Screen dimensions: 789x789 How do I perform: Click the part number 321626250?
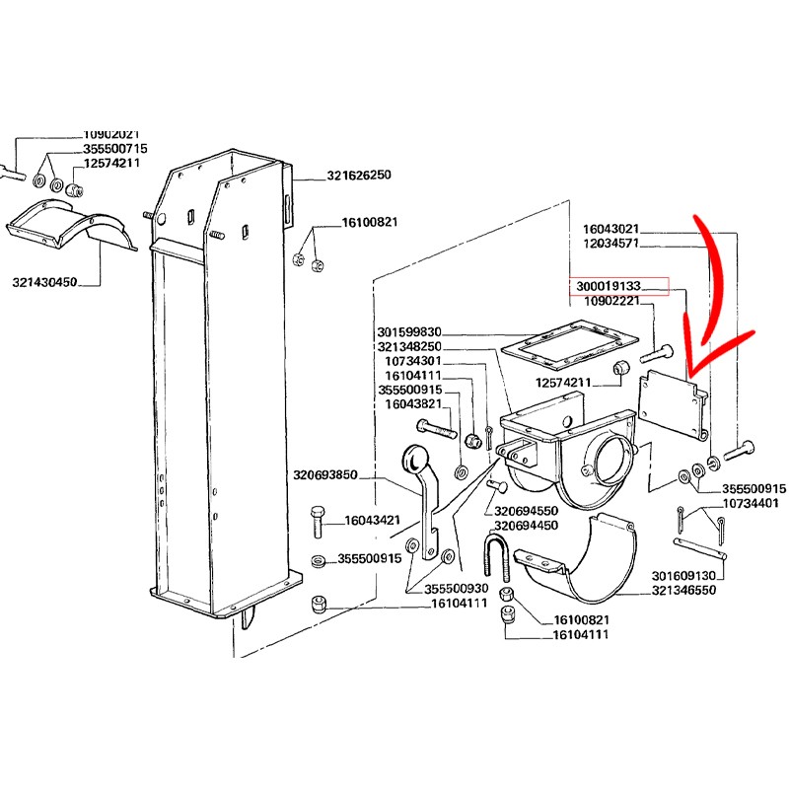click(359, 176)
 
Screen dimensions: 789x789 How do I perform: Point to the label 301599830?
click(410, 332)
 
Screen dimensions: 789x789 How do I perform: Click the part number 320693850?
click(325, 475)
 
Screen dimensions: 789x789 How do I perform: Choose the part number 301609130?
click(683, 575)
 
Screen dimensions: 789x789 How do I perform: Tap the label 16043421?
click(372, 521)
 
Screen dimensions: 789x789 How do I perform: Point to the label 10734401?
click(752, 503)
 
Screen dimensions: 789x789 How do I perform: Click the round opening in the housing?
click(612, 459)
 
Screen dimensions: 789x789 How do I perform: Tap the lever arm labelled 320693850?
click(421, 498)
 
